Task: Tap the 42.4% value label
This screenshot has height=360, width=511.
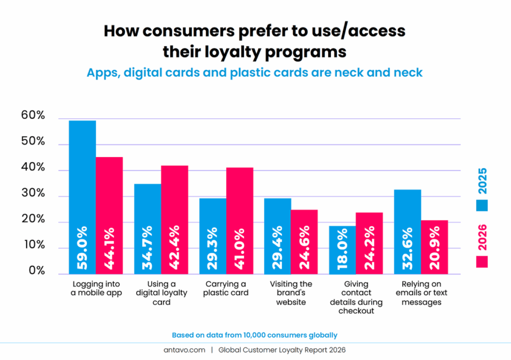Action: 175,249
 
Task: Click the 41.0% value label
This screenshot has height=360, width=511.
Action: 240,249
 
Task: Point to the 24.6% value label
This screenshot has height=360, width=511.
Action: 304,249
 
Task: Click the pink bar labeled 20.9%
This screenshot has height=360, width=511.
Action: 434,247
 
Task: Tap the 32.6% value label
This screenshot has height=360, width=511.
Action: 407,249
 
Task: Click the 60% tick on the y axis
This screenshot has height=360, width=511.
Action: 33,116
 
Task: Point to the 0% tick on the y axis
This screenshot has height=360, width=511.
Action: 36,272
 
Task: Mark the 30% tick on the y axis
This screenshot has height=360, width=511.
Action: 33,194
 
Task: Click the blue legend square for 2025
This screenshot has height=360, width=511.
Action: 482,205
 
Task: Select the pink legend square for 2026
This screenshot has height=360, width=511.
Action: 482,261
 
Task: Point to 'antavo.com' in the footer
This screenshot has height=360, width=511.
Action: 184,350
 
